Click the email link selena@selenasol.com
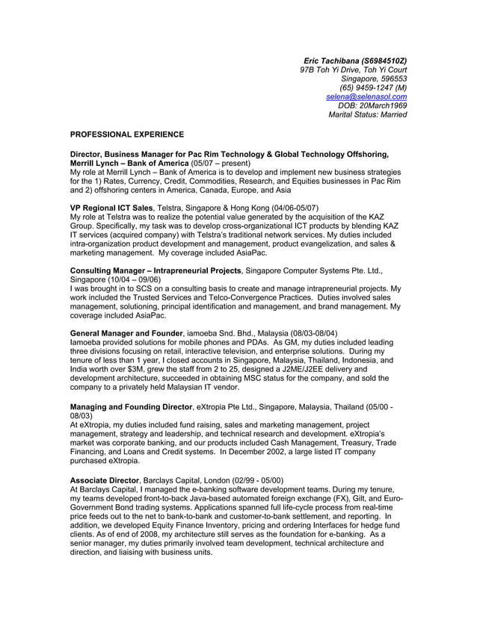tap(366, 96)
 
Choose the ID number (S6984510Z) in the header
tap(384, 61)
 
